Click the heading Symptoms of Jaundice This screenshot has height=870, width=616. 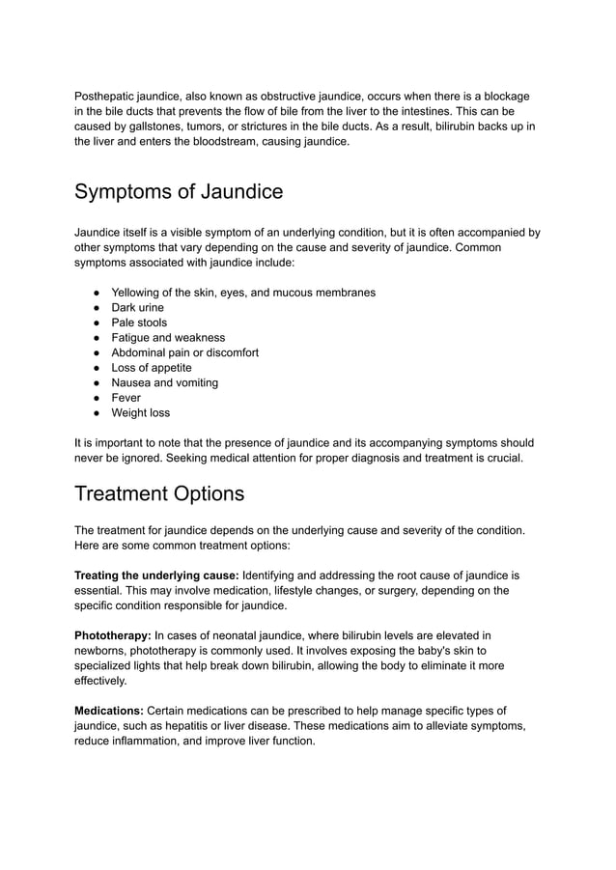click(179, 191)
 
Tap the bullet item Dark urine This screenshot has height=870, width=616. click(137, 307)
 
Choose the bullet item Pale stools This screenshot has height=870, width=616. click(139, 323)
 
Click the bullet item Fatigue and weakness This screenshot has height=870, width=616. click(168, 338)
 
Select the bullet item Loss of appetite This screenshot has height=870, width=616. click(152, 368)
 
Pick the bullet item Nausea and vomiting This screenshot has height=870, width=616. click(164, 382)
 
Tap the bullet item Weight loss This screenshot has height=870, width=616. click(140, 412)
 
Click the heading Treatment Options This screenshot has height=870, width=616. click(159, 493)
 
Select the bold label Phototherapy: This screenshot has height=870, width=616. click(112, 635)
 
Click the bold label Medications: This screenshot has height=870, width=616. click(109, 711)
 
